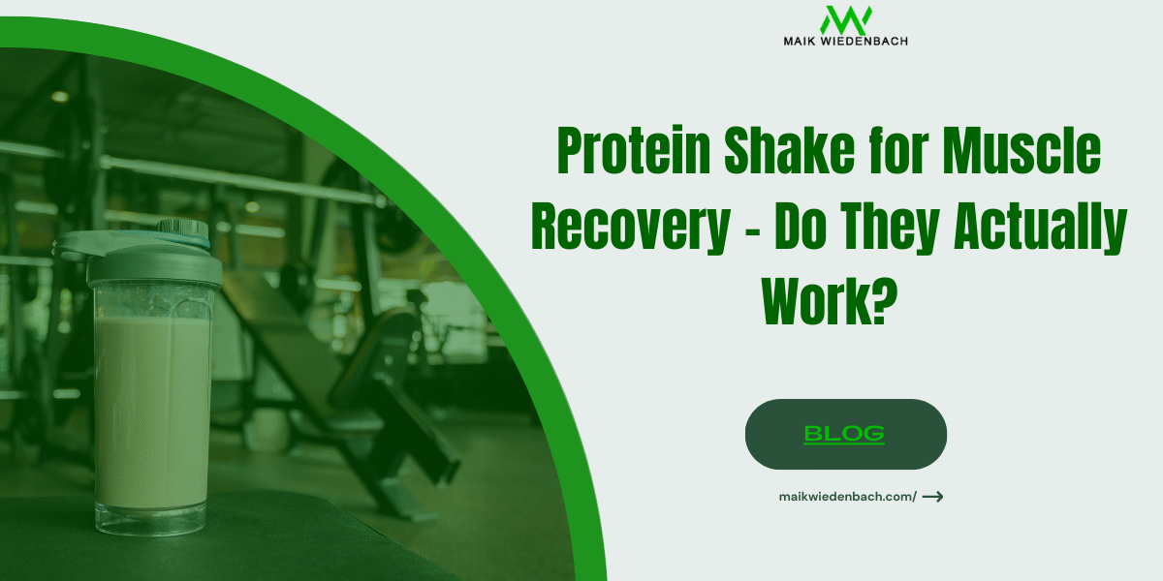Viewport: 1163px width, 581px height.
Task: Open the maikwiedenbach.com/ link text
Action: tap(847, 497)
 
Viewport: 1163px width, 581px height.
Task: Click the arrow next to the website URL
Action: tap(932, 497)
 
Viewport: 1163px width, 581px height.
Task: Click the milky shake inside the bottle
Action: tap(152, 407)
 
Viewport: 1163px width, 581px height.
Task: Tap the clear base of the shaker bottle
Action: tap(152, 518)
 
